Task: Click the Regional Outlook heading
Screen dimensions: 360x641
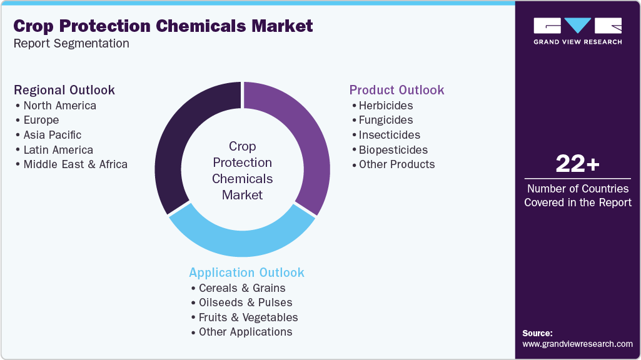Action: [x=64, y=90]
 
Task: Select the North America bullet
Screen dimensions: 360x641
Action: [x=59, y=106]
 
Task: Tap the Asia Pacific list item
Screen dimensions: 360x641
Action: [x=52, y=135]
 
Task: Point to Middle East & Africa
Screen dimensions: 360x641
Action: [x=75, y=164]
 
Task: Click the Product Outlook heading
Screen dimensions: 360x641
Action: [x=396, y=90]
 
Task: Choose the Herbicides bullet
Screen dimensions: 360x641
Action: [x=385, y=106]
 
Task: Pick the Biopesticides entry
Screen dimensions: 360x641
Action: [x=393, y=150]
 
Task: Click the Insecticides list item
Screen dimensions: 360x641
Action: [x=389, y=135]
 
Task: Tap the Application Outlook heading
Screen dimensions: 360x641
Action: [x=246, y=272]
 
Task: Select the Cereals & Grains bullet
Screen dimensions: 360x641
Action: [x=241, y=288]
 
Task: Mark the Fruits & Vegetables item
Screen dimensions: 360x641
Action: [x=248, y=317]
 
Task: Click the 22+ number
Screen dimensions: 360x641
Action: [x=577, y=164]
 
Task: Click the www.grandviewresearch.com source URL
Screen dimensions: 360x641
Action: [x=577, y=344]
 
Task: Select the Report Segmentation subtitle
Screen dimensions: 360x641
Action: [x=71, y=44]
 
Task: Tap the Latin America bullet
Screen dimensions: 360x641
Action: [x=58, y=150]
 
